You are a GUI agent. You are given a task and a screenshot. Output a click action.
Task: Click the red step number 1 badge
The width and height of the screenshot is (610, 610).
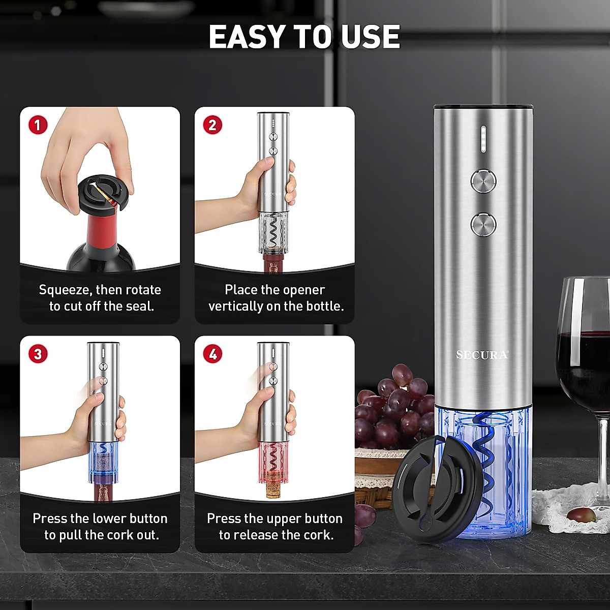point(38,125)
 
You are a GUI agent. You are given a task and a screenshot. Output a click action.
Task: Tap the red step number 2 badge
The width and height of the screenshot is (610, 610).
point(212,125)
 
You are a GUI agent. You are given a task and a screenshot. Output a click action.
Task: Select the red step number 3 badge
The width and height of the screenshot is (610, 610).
point(38,353)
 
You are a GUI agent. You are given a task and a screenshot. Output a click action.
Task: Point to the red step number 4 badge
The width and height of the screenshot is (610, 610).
point(212,353)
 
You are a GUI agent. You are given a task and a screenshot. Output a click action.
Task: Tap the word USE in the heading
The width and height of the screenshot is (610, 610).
point(370,37)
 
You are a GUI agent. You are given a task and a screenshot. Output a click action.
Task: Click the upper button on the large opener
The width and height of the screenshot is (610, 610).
point(483,180)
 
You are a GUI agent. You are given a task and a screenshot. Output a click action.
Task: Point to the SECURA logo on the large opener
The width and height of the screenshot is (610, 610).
point(482,355)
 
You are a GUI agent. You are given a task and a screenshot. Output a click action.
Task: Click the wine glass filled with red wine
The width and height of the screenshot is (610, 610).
point(585,356)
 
